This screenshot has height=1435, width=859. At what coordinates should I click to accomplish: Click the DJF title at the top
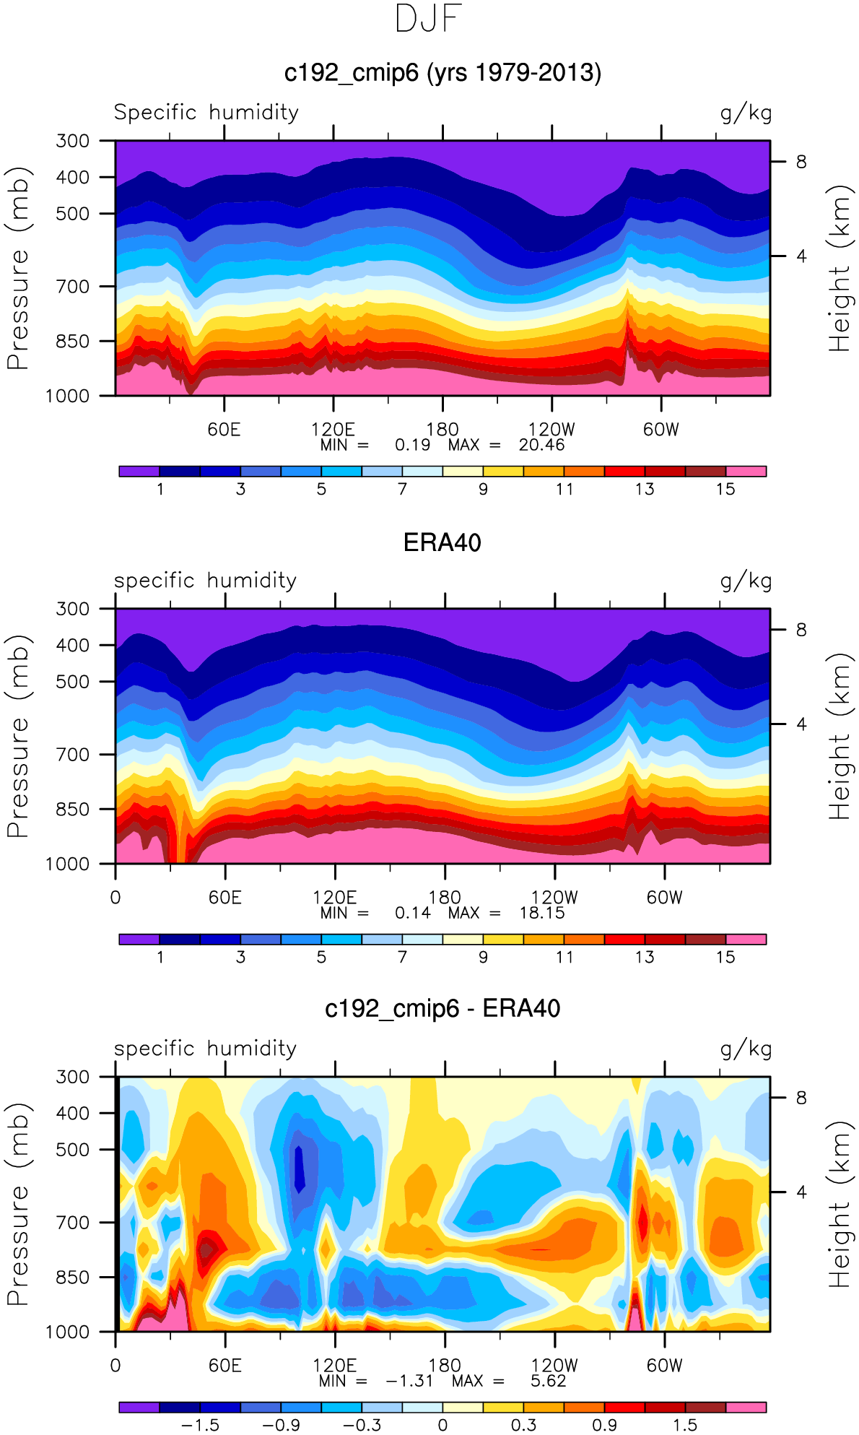(429, 19)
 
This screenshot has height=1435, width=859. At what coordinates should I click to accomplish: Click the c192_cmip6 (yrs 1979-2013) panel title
(442, 73)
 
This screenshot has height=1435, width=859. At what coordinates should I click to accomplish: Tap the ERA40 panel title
(442, 542)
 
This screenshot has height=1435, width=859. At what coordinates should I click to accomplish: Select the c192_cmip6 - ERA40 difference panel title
(442, 1008)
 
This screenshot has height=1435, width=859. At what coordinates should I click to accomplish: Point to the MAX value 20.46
(541, 445)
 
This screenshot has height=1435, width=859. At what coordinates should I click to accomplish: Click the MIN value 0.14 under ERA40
(412, 913)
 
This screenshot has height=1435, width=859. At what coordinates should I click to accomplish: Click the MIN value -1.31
(409, 1381)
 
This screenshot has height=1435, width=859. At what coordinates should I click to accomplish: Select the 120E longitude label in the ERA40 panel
(335, 898)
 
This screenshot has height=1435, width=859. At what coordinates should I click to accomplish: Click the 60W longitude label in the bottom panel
(664, 1366)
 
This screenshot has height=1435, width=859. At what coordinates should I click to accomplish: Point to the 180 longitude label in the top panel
(442, 430)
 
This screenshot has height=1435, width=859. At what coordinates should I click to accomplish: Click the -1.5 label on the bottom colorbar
(200, 1425)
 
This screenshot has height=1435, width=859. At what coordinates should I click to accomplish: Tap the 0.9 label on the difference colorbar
(604, 1425)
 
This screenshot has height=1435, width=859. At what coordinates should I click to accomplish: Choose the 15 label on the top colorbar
(725, 489)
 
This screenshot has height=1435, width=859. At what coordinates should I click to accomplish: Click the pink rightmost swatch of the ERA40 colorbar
(746, 940)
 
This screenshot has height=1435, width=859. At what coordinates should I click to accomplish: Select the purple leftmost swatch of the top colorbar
(139, 472)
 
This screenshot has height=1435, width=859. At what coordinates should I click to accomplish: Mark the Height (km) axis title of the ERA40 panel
(839, 736)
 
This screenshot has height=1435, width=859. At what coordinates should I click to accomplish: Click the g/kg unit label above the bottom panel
(746, 1049)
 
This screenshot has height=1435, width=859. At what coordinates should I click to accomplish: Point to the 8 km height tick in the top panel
(801, 162)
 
